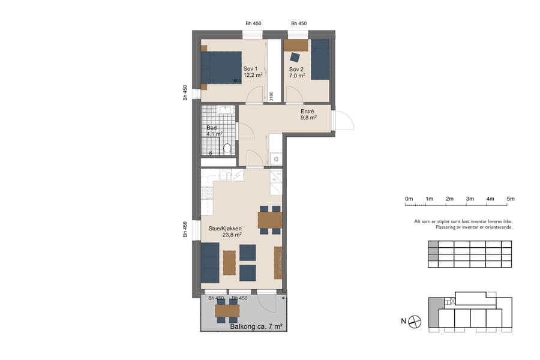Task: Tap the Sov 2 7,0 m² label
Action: click(x=297, y=73)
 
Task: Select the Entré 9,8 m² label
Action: click(x=308, y=115)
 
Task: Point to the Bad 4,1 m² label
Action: click(x=214, y=131)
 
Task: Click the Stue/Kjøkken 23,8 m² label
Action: click(x=225, y=232)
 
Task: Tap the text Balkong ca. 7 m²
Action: click(x=256, y=326)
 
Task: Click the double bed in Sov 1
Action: click(x=221, y=67)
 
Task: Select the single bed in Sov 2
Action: click(x=320, y=59)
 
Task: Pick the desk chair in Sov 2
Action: click(x=295, y=58)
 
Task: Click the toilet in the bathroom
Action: click(x=227, y=148)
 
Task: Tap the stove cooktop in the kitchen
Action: click(x=208, y=193)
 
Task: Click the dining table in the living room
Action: click(x=270, y=220)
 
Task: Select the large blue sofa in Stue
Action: click(x=209, y=262)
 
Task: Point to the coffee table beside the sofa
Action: click(x=229, y=262)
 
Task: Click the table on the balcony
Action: click(x=227, y=310)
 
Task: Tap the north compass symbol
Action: click(x=415, y=322)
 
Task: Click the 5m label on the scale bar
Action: click(x=510, y=199)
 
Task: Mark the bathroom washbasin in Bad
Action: click(x=226, y=109)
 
